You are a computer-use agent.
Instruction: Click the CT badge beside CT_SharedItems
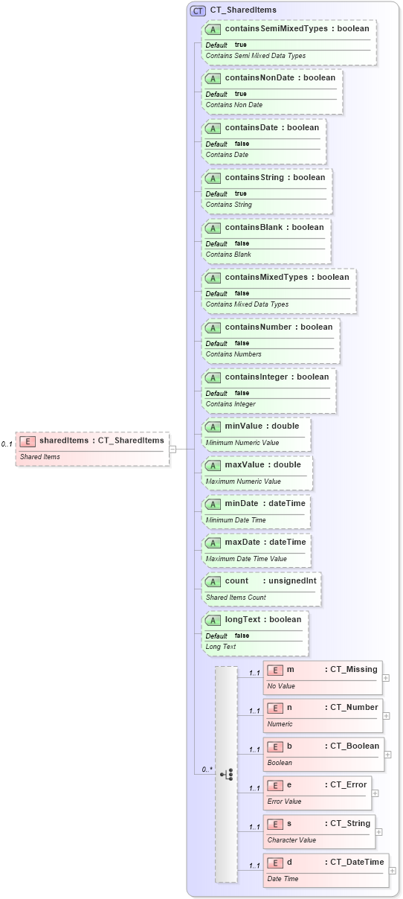pos(198,10)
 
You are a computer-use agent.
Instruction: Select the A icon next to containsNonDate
pos(213,78)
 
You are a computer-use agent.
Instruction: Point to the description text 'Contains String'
pos(229,205)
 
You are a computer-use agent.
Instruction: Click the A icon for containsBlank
pos(213,228)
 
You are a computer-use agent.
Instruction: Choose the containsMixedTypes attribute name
pos(266,277)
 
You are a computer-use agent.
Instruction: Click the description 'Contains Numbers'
pos(228,354)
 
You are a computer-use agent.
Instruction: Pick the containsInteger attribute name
pos(256,377)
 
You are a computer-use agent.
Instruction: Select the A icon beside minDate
pos(213,504)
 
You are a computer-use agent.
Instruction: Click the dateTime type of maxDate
pos(287,542)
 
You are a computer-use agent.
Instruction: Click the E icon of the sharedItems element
pos(28,441)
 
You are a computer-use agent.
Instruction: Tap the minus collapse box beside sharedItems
pos(173,449)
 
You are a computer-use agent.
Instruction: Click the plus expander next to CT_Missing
pos(385,677)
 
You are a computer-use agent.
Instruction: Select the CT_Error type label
pos(346,784)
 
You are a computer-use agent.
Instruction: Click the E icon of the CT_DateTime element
pos(275,863)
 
